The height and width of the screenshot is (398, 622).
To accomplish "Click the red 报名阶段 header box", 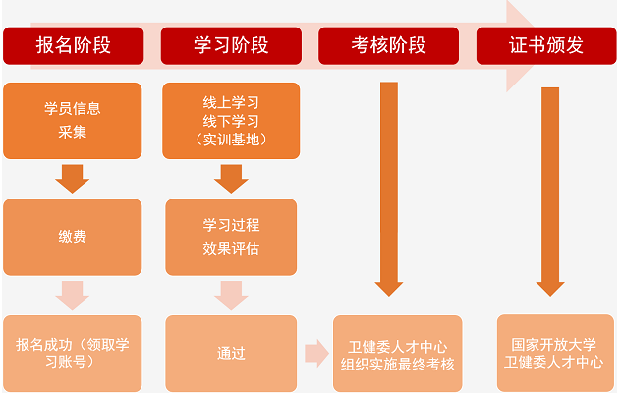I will click(x=73, y=45).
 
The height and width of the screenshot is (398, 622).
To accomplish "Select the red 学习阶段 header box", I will click(x=230, y=45).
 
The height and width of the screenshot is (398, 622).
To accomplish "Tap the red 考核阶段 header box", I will click(x=388, y=45).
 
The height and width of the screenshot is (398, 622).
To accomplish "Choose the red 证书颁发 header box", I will click(x=544, y=45).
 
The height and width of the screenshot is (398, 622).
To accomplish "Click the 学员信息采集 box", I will click(x=73, y=120).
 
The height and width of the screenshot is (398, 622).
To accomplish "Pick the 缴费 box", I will click(x=73, y=237).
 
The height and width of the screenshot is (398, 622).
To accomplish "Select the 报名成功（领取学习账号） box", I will click(x=73, y=353).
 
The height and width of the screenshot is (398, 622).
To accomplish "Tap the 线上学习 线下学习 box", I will click(x=230, y=120).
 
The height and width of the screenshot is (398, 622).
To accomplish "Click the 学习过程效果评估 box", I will click(x=230, y=237).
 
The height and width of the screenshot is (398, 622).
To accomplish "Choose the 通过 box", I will click(x=230, y=353).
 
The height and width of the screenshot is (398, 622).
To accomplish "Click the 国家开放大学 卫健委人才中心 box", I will click(x=554, y=353).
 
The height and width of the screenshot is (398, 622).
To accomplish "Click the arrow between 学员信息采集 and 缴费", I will click(x=73, y=179).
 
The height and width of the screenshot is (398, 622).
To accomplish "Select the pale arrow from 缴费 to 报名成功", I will click(x=73, y=295).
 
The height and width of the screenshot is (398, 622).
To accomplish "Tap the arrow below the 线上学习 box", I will click(x=231, y=179).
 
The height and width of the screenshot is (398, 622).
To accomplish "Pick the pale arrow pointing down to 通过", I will click(x=231, y=295).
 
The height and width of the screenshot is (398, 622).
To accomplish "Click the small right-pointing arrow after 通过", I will click(x=316, y=353).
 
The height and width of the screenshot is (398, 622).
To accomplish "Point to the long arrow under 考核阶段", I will click(x=389, y=187).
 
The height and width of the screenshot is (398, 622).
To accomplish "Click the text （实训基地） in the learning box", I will click(x=230, y=139).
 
